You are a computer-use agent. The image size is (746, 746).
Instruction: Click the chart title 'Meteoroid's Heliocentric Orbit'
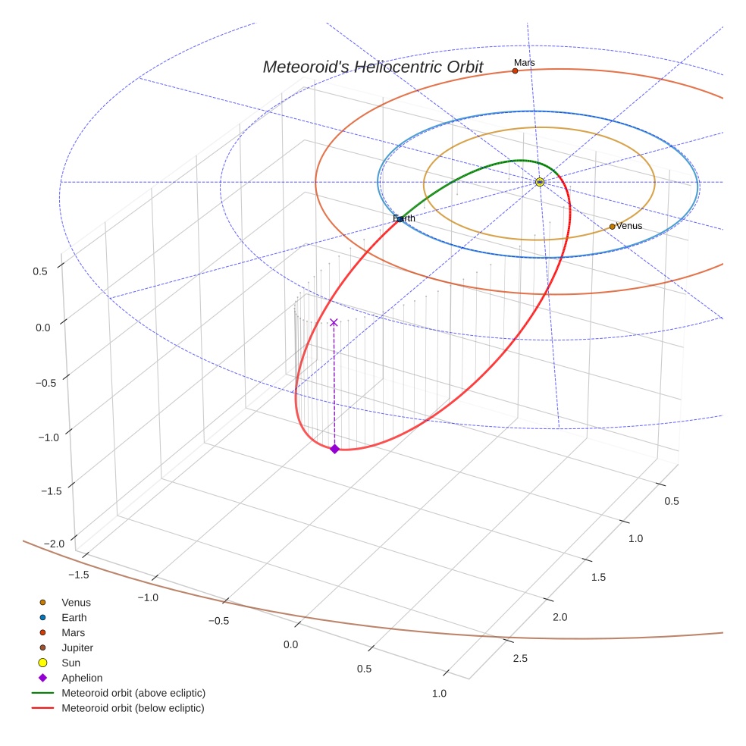click(372, 67)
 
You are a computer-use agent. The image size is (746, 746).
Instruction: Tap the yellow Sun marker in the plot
click(539, 182)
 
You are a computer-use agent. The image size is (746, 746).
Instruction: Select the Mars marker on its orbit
click(515, 71)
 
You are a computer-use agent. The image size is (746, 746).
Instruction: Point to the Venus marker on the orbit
click(612, 226)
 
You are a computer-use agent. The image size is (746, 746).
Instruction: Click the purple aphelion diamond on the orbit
click(334, 449)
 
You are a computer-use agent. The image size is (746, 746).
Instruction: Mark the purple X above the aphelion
click(334, 322)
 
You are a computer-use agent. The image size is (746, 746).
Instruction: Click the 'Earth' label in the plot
click(404, 218)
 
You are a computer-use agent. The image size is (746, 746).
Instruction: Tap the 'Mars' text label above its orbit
click(524, 62)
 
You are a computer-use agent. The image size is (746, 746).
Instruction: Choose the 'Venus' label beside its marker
click(629, 226)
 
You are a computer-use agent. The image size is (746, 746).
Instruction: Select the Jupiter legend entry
click(77, 647)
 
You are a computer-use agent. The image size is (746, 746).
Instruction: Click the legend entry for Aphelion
click(82, 678)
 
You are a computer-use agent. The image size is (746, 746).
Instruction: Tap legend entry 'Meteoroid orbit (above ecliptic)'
click(133, 693)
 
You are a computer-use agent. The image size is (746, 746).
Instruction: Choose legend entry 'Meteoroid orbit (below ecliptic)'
click(133, 708)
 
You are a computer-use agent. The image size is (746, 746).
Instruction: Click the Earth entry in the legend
click(74, 617)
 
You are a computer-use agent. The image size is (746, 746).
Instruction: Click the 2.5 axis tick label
click(519, 658)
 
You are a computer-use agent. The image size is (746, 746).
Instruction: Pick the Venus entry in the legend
click(76, 602)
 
